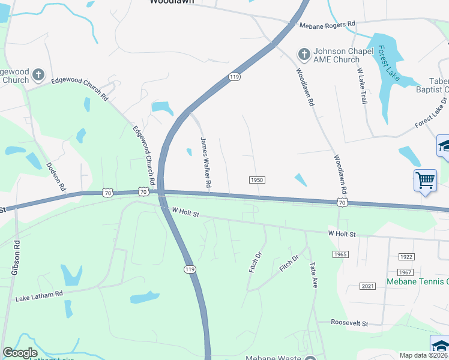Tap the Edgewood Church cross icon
38,75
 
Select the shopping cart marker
425,180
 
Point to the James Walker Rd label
205,163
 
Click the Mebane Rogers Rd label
328,25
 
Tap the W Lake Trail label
361,86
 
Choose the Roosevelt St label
351,323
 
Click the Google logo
20,353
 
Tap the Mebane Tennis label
417,281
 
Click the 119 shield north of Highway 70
234,77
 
